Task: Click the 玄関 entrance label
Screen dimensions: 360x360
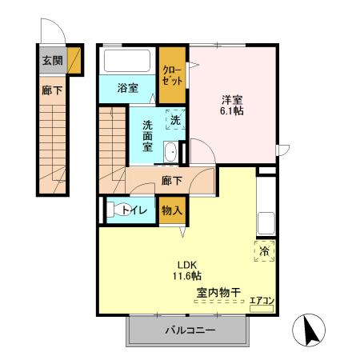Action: [x=51, y=60]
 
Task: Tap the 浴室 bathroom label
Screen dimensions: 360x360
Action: [x=126, y=88]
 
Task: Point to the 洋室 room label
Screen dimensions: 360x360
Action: [x=234, y=99]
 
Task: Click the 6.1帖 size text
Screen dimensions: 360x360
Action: [x=234, y=112]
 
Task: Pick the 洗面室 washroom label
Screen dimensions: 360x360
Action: [x=150, y=136]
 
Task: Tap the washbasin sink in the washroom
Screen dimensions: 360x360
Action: [x=170, y=154]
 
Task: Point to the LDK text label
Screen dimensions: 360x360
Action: [x=187, y=266]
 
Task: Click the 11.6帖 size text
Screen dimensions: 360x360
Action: [x=187, y=278]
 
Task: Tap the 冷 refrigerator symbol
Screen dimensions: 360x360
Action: [x=265, y=251]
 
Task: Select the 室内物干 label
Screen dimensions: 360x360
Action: [x=218, y=293]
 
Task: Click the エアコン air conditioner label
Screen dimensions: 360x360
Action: [x=262, y=302]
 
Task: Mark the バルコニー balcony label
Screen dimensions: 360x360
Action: [x=190, y=330]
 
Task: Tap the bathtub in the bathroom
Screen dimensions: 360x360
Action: [x=127, y=62]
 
